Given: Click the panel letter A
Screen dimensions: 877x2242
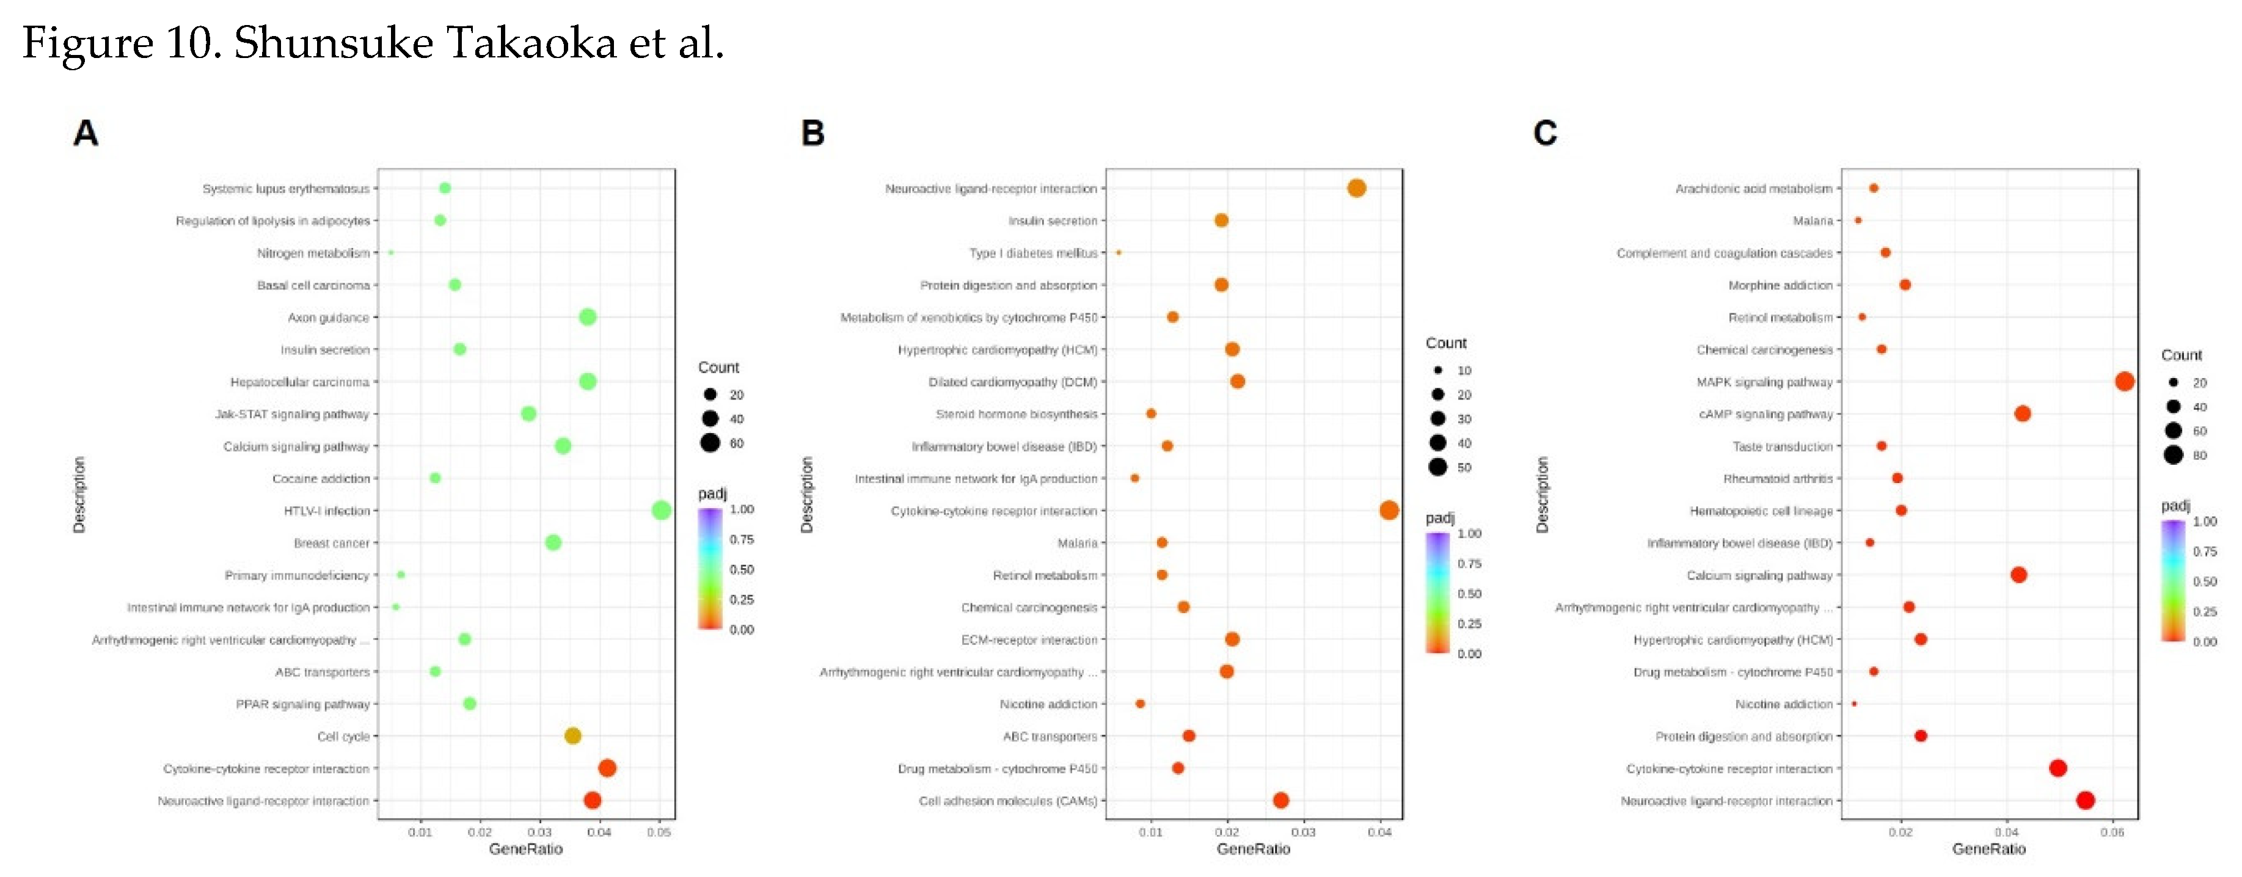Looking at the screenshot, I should (x=86, y=133).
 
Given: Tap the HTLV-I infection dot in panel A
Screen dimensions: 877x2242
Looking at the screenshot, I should (x=662, y=511).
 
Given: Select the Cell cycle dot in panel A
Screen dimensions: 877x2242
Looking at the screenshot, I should (x=572, y=736).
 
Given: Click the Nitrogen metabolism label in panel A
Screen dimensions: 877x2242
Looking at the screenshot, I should (x=313, y=253).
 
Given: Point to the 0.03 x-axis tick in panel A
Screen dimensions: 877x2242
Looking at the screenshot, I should (x=539, y=832).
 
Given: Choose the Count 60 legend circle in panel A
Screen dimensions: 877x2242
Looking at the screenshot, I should (x=710, y=443).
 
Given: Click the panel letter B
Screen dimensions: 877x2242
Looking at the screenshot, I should (x=812, y=133).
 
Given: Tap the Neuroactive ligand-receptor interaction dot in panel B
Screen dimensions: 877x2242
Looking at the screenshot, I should (x=1356, y=188).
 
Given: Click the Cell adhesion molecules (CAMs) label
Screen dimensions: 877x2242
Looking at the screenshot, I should (x=1008, y=801).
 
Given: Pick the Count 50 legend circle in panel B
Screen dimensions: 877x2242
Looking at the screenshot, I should (x=1438, y=467).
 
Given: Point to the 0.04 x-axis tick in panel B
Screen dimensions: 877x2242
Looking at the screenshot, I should (x=1379, y=832).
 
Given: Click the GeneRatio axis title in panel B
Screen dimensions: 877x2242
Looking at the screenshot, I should (x=1254, y=849).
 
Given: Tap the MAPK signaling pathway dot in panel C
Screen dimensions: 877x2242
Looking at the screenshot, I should (x=2125, y=381).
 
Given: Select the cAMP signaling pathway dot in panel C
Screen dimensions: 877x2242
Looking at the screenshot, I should (x=2023, y=413).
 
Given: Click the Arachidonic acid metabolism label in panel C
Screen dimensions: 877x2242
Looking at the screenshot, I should (x=1754, y=189).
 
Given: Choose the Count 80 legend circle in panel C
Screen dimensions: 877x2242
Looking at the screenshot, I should (x=2173, y=454).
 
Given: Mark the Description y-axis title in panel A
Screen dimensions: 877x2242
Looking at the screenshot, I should (x=79, y=494).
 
